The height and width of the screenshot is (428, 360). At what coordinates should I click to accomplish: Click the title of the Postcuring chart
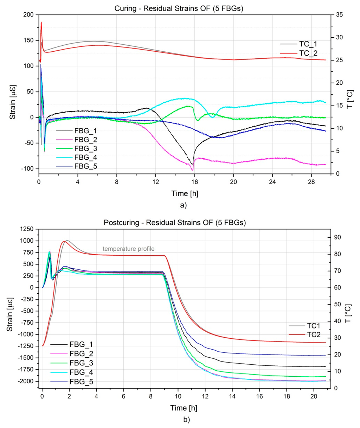pyautogui.click(x=175, y=223)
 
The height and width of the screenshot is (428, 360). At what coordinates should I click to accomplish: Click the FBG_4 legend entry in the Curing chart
pyautogui.click(x=85, y=158)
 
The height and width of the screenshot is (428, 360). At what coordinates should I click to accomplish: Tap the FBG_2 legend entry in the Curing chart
pyautogui.click(x=85, y=140)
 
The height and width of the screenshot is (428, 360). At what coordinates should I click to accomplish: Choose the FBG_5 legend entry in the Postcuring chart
pyautogui.click(x=81, y=382)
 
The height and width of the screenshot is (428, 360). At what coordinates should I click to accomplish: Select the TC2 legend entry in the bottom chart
pyautogui.click(x=314, y=335)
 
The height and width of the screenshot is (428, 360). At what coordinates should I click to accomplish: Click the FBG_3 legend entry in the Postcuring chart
pyautogui.click(x=81, y=363)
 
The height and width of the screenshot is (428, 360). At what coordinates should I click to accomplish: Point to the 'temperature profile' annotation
pyautogui.click(x=128, y=249)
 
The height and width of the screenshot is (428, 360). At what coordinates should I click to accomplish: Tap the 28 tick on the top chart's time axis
pyautogui.click(x=311, y=182)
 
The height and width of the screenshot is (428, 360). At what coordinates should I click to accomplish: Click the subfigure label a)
pyautogui.click(x=183, y=205)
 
